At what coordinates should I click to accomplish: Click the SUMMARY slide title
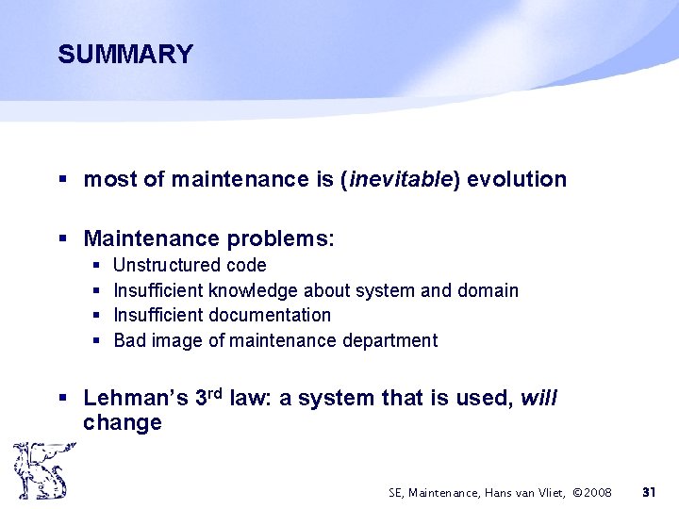(x=124, y=55)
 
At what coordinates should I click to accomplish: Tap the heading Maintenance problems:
(x=208, y=238)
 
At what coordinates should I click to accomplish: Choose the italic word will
(x=538, y=399)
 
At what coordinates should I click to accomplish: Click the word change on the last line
(x=123, y=423)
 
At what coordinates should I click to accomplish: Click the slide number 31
(x=649, y=492)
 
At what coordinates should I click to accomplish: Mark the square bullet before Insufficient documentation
(x=98, y=316)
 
